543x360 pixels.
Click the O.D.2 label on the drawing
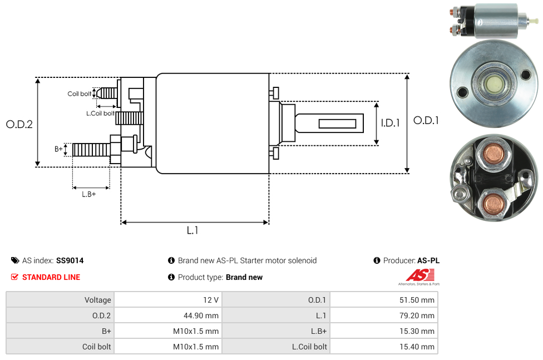pos(19,125)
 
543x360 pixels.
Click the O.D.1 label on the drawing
pos(426,120)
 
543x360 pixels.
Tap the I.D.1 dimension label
pos(390,123)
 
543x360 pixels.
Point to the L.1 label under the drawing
pos(192,230)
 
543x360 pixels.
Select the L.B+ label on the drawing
pos(89,194)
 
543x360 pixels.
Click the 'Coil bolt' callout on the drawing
pos(80,94)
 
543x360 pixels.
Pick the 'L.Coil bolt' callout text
pos(100,114)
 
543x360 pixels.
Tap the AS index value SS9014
pos(70,260)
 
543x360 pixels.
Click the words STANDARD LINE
pos(51,277)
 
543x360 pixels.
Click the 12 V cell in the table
pos(211,300)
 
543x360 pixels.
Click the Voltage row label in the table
pos(98,300)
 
